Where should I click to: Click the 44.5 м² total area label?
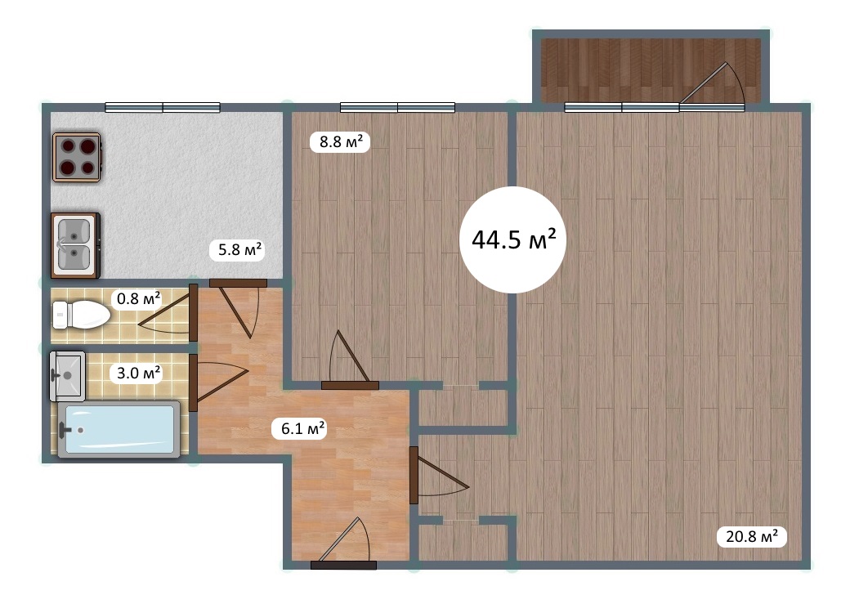513,239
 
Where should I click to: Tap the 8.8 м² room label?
340,142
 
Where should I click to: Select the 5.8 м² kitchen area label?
239,250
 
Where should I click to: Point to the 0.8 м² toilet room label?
138,298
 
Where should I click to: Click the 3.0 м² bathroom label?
138,373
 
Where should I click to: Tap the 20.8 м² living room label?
752,536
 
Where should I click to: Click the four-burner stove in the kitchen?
77,157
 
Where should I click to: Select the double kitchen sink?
75,244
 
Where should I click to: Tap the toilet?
81,315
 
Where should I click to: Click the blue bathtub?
119,430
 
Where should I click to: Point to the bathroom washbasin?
67,376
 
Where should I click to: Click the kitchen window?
163,107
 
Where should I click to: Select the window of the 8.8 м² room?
397,107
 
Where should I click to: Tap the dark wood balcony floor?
651,70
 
